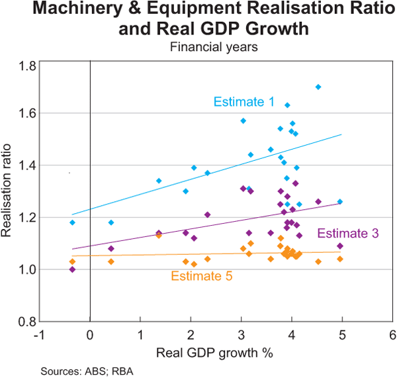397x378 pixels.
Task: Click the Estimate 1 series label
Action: tap(243, 102)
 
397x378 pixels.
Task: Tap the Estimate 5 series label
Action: tap(202, 276)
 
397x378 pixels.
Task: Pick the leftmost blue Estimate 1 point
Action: tap(72, 222)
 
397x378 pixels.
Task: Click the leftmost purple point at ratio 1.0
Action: tap(72, 269)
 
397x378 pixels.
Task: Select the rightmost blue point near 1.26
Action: tap(340, 201)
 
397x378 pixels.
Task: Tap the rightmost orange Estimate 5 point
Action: tap(340, 259)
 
